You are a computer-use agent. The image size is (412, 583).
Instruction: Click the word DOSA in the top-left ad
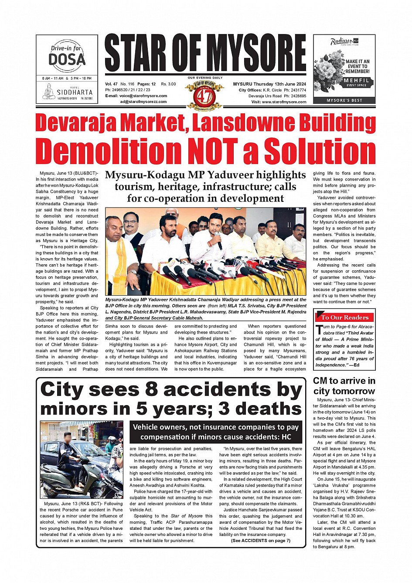click(67, 59)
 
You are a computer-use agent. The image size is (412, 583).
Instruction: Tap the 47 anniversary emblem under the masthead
click(205, 94)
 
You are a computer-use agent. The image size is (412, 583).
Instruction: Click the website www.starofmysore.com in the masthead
click(284, 102)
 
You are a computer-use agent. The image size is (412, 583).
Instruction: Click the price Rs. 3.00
click(168, 84)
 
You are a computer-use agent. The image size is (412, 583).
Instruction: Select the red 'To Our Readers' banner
click(344, 317)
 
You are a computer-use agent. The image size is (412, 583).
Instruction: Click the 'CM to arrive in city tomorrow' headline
click(344, 386)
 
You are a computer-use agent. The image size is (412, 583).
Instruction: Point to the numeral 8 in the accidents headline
click(151, 389)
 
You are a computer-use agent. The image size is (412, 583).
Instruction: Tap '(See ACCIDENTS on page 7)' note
click(261, 541)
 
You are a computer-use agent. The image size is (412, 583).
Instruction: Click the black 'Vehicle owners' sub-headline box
click(216, 432)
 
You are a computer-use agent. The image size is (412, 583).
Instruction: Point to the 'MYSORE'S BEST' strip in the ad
click(344, 100)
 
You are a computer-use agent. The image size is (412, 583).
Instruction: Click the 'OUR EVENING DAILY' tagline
click(205, 78)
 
